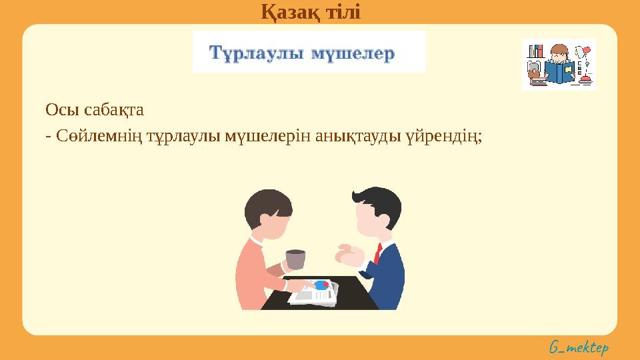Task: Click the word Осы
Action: [x=56, y=109]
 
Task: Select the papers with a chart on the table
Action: [x=313, y=292]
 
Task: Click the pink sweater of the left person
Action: [x=253, y=273]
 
